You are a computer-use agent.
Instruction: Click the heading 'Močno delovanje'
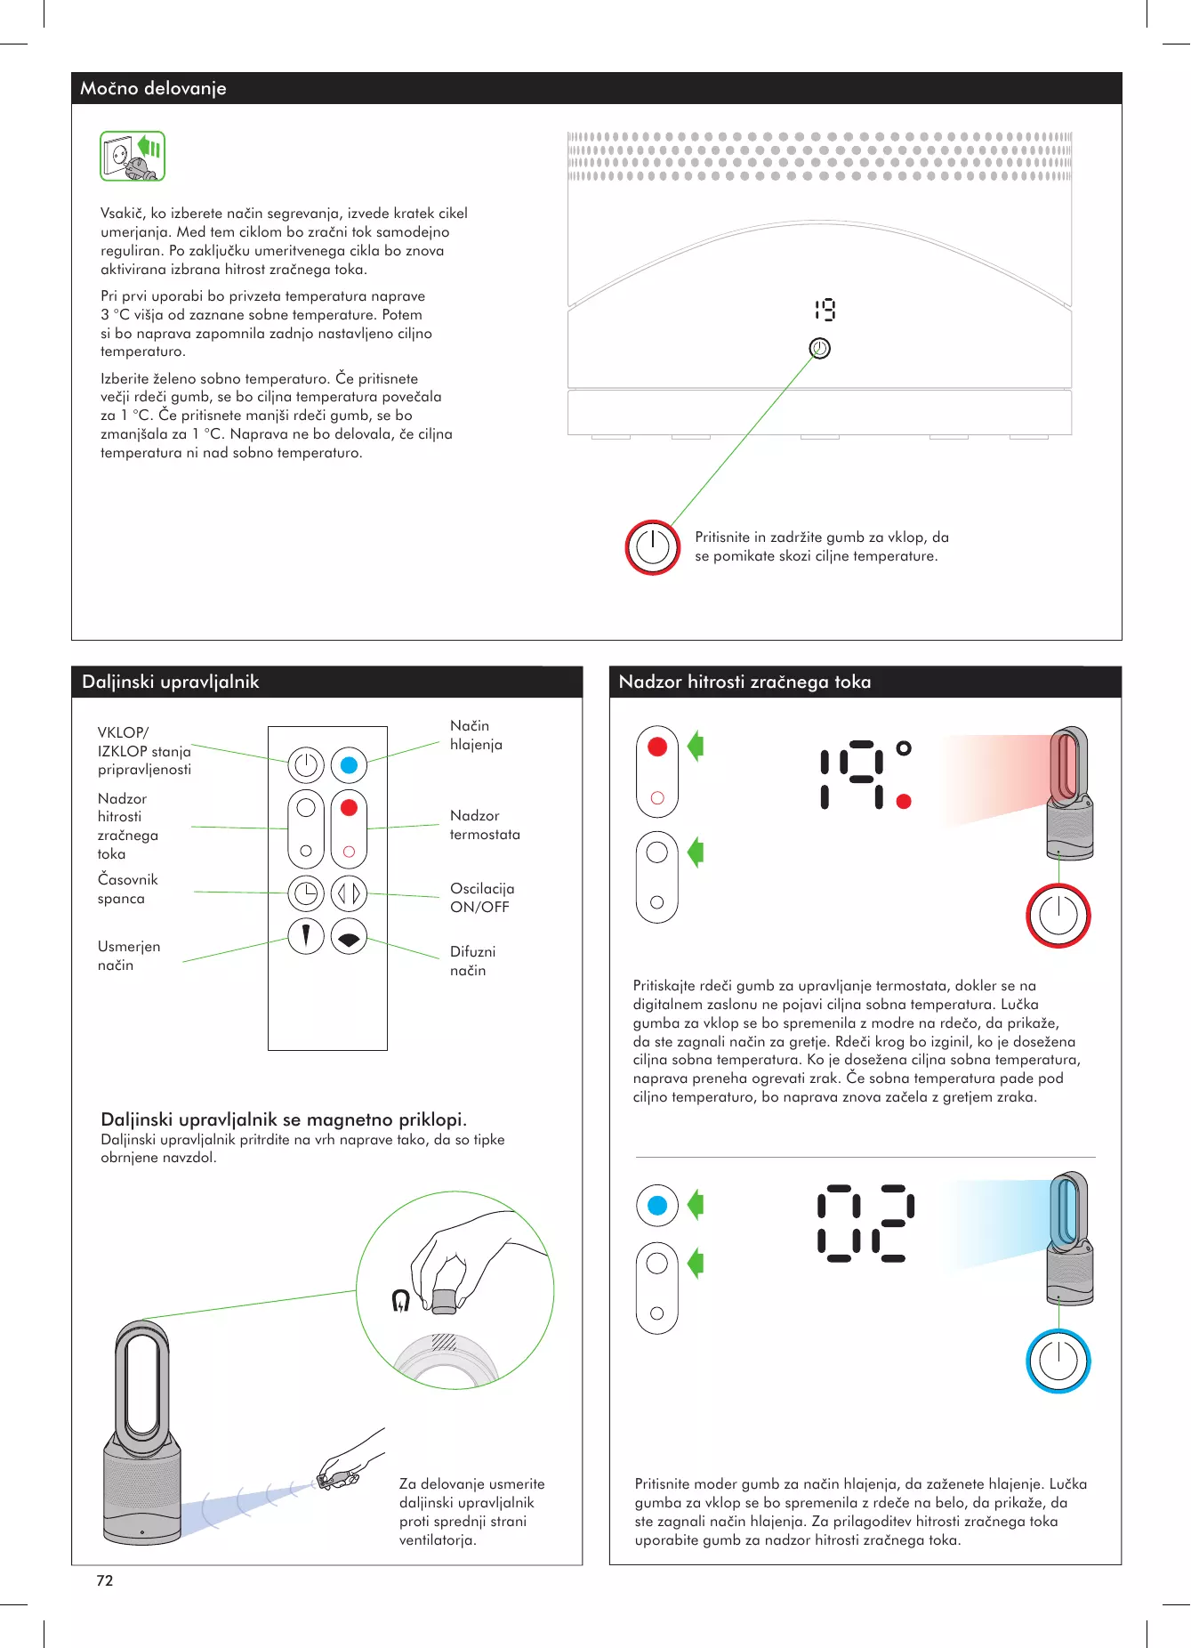click(153, 88)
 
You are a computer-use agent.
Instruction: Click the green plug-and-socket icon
click(133, 157)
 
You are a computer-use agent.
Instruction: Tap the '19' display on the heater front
click(825, 310)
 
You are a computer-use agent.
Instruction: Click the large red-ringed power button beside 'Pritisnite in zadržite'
click(652, 547)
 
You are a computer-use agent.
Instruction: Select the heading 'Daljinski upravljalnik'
click(170, 682)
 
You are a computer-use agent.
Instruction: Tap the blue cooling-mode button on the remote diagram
click(349, 765)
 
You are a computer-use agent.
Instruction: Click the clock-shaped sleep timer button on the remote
click(306, 893)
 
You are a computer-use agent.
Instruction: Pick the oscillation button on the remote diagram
click(349, 893)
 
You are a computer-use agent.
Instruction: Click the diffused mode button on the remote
click(349, 937)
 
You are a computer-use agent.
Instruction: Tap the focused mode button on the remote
click(306, 936)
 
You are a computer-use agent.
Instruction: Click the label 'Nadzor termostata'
click(485, 825)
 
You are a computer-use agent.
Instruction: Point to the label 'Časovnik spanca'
click(127, 889)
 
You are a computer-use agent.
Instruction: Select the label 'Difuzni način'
click(472, 961)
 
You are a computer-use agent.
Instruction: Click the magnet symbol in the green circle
click(401, 1300)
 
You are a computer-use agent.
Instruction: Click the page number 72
click(105, 1580)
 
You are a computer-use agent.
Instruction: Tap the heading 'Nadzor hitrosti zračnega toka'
click(744, 682)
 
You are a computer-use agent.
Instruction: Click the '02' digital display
click(865, 1223)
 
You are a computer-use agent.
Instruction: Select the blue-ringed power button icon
click(1058, 1361)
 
